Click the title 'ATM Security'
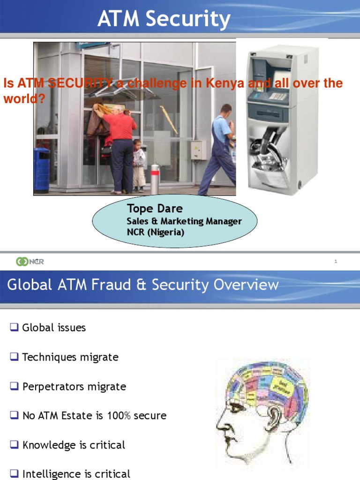coord(164,19)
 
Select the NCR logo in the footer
coord(30,262)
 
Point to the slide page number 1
coord(336,262)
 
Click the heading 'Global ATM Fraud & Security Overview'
coord(142,285)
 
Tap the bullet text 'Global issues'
coord(54,328)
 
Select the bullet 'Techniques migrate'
coord(70,357)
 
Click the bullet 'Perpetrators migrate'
coord(74,387)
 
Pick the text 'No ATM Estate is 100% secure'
coord(94,416)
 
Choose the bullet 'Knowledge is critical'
coord(74,445)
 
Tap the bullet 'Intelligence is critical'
coord(76,474)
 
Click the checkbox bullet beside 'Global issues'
coord(14,328)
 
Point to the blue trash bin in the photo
coord(41,169)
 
